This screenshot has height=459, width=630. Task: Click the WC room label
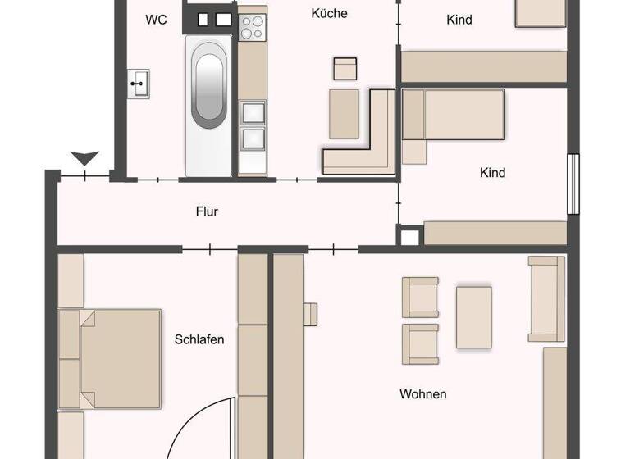pos(156,20)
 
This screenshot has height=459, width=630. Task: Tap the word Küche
pos(330,13)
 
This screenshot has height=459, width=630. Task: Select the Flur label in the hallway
pos(207,211)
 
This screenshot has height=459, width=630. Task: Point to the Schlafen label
pos(199,339)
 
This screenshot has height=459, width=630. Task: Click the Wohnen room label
pos(423,394)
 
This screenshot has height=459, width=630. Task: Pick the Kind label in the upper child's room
pos(459,20)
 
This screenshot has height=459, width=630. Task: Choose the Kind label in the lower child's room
pos(492,173)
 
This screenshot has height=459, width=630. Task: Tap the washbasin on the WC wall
pos(139,83)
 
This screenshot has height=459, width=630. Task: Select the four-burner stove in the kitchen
pos(253,27)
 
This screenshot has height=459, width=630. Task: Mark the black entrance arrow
pos(84,157)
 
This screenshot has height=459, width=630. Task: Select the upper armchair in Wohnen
pos(420,296)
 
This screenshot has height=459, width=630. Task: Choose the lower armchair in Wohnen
pos(420,343)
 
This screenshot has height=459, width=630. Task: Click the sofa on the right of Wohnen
pos(546,298)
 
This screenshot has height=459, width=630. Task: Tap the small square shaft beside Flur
pos(409,237)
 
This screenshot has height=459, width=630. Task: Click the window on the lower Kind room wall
pos(573,185)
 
